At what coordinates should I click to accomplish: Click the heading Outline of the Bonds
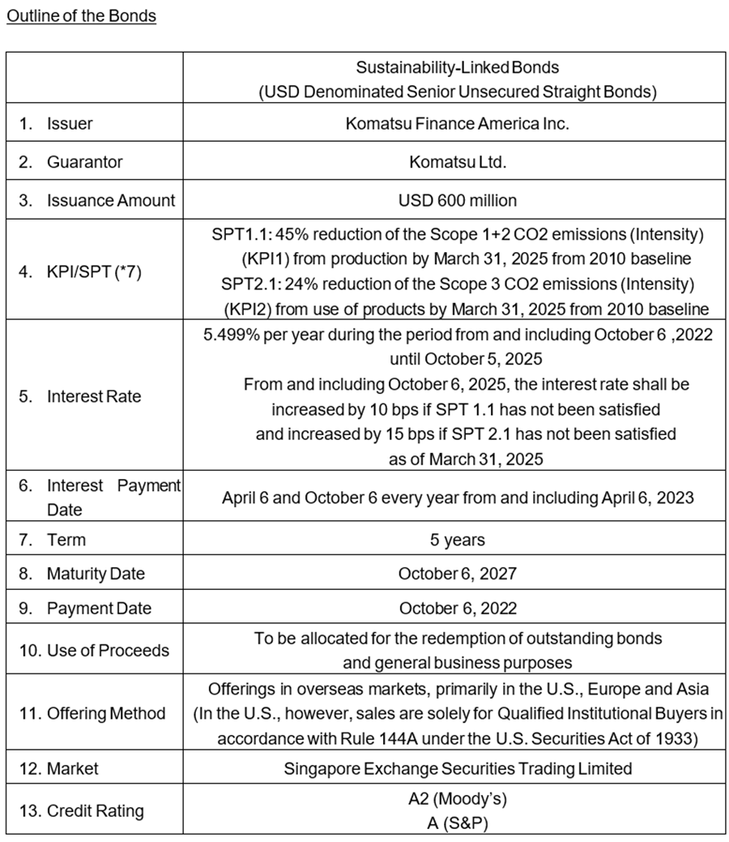tap(81, 16)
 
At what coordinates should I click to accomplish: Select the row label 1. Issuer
tap(56, 124)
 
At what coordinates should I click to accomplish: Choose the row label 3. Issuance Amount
tap(97, 199)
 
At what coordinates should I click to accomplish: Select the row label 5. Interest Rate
tap(80, 396)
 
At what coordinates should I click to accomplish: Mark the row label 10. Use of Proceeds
tap(94, 650)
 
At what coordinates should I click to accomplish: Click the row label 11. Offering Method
tap(92, 713)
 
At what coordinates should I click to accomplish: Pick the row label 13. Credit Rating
tap(81, 810)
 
